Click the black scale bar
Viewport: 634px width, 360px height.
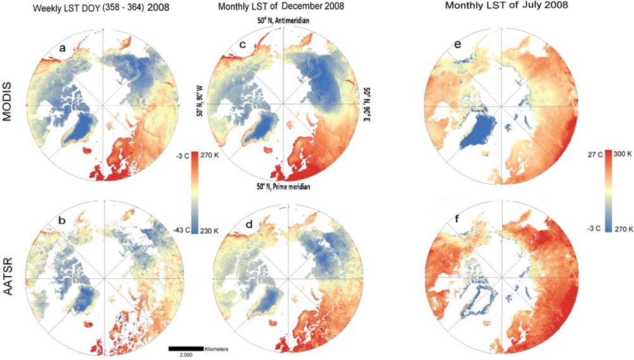(x=186, y=349)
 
